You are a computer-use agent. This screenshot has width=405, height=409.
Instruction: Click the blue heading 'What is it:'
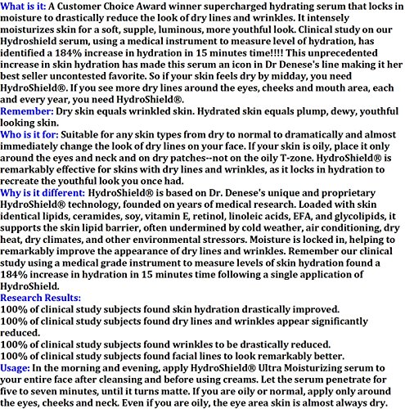(29, 7)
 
